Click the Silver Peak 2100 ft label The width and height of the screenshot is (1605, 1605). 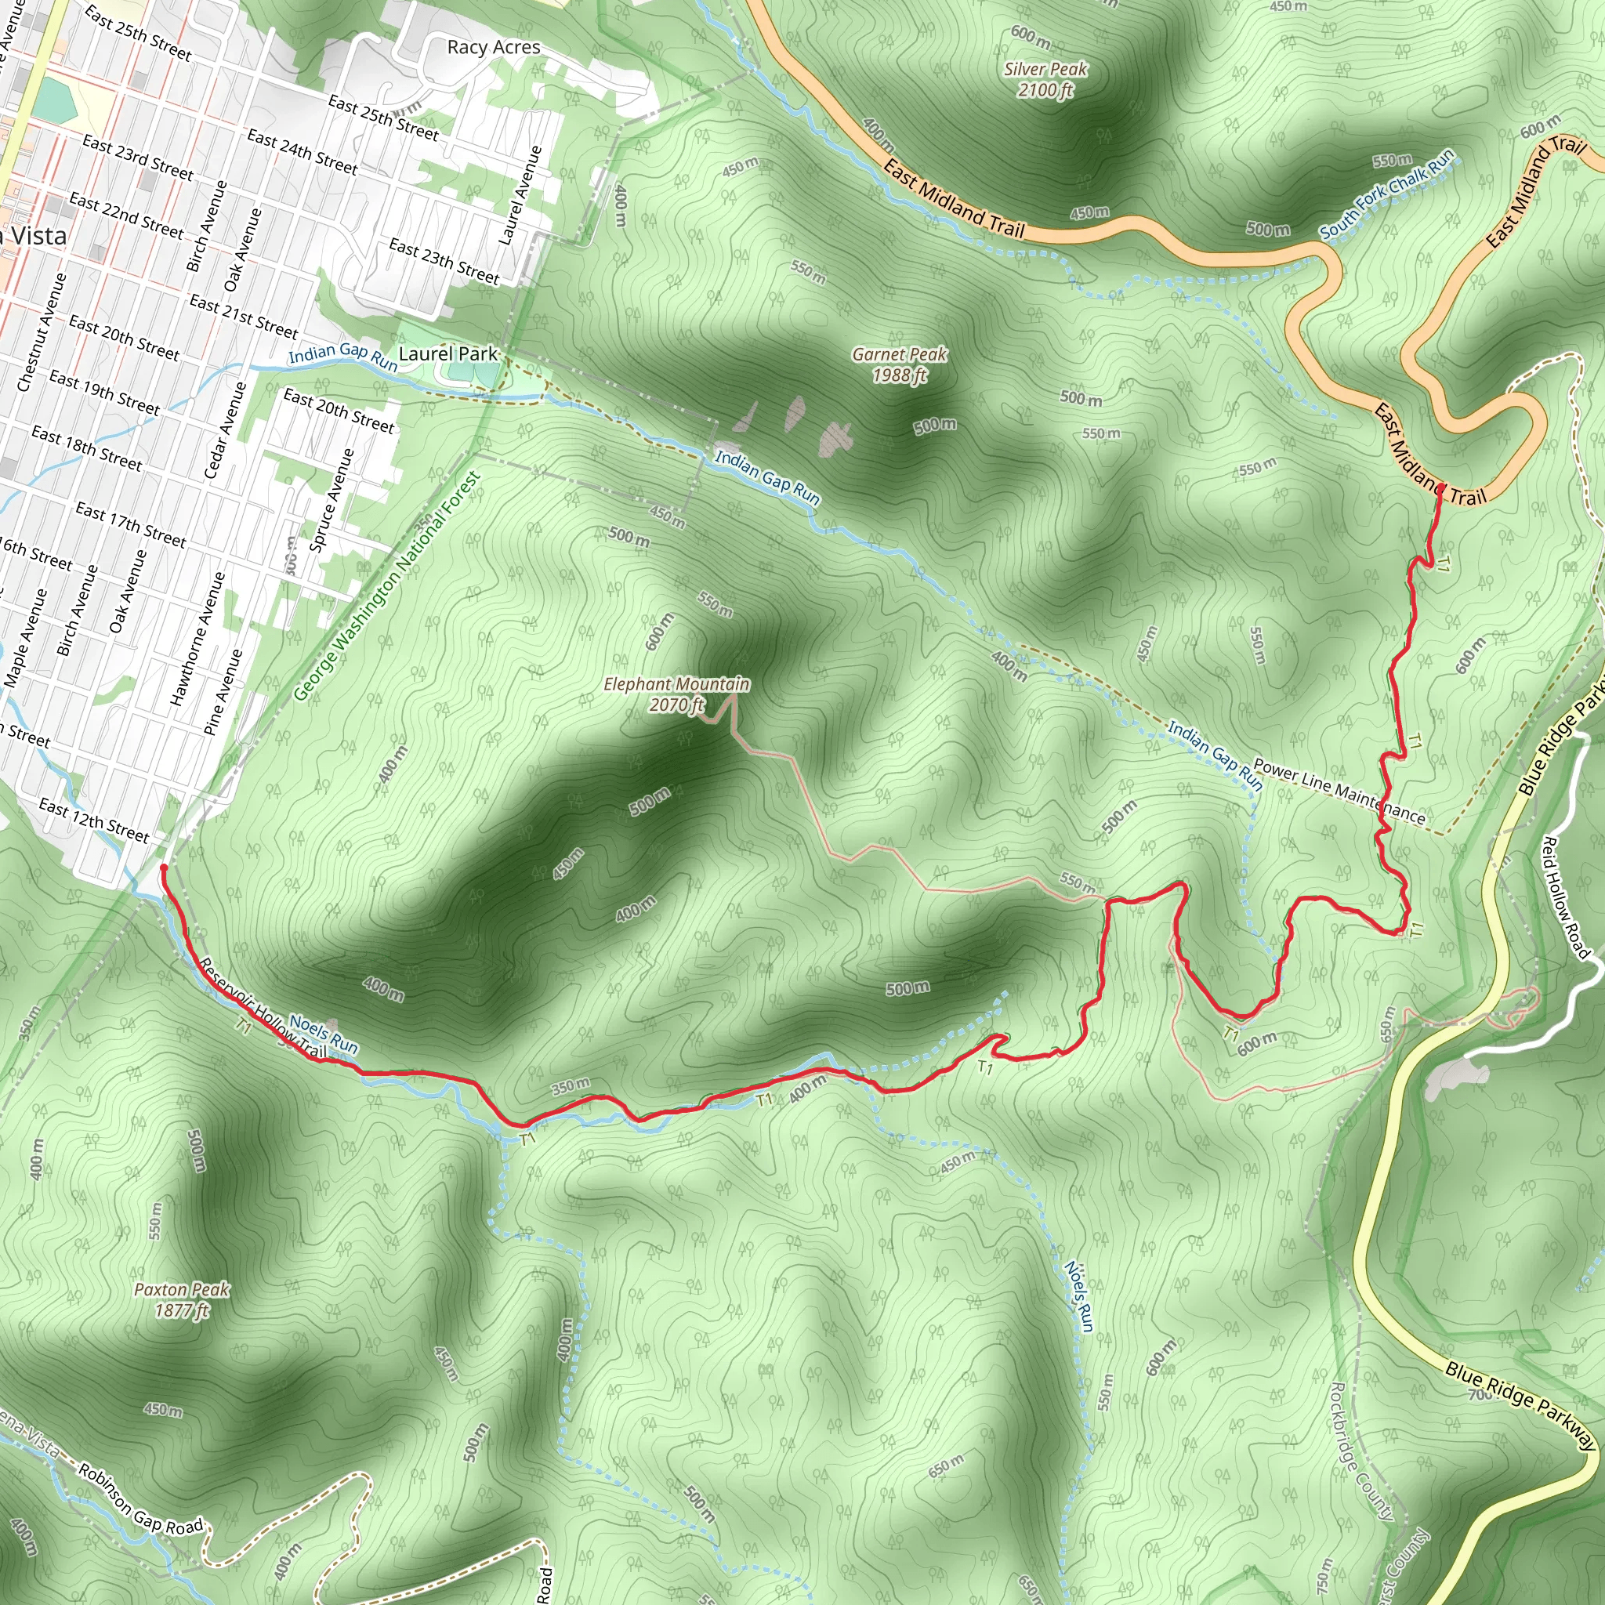click(x=1045, y=80)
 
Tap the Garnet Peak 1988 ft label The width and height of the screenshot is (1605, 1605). click(x=899, y=364)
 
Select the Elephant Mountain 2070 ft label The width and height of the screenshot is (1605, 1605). click(x=676, y=694)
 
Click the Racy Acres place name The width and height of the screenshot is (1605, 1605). click(x=494, y=47)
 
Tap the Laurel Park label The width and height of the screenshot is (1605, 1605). click(x=447, y=354)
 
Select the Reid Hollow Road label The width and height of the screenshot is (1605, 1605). click(x=1564, y=898)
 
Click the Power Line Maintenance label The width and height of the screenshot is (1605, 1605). click(x=1339, y=791)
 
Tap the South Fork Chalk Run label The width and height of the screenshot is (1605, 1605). click(x=1386, y=194)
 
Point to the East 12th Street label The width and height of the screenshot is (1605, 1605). click(x=94, y=819)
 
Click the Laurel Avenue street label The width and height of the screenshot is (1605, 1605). click(x=520, y=196)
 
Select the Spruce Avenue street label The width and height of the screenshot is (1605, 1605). click(x=332, y=500)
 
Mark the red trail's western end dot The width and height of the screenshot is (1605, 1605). click(x=164, y=868)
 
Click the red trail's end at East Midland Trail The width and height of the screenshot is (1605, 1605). click(x=1438, y=488)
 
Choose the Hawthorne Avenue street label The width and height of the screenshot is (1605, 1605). click(x=197, y=639)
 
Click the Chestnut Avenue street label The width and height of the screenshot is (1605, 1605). click(x=41, y=332)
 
